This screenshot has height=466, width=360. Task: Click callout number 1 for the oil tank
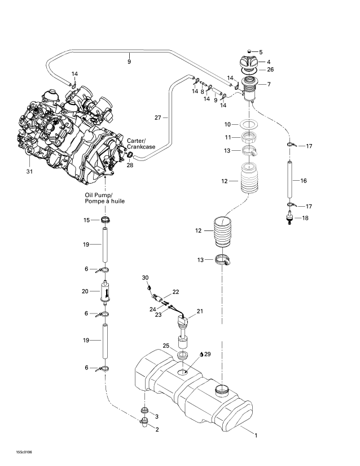coord(256,435)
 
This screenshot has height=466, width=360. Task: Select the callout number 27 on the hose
coord(158,117)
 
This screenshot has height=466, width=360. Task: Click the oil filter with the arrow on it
coord(105,292)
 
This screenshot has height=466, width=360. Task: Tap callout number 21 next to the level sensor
coord(199,311)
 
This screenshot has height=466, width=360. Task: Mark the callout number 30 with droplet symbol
coord(144,277)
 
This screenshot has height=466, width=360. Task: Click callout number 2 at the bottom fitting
coord(157,430)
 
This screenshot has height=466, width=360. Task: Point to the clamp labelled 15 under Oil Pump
coord(105,219)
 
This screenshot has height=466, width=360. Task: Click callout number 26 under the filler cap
coord(270,70)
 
